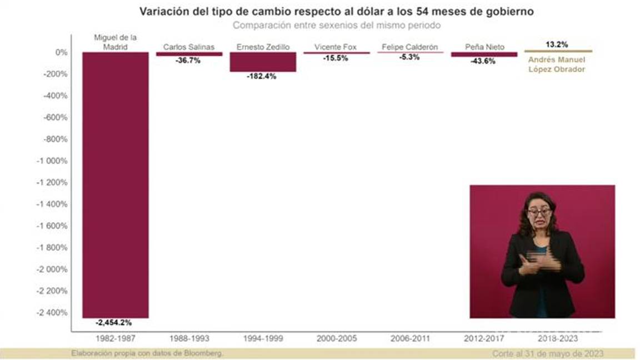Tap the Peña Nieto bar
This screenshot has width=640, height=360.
(483, 54)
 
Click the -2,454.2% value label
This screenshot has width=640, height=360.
(113, 322)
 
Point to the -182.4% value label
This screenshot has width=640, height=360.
(261, 77)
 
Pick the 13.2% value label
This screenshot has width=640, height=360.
(557, 44)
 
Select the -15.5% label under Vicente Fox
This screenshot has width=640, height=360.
(335, 58)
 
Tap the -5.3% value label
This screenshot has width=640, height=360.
(409, 57)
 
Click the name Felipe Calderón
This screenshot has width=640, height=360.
(410, 47)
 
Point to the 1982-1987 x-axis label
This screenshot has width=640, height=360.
(116, 338)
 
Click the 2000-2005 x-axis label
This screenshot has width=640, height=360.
(336, 338)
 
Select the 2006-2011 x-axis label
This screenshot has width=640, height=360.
(410, 338)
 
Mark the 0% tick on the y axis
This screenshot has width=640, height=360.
(61, 52)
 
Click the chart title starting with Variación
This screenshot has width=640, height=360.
(336, 12)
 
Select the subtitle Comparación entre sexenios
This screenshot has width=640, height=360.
(336, 26)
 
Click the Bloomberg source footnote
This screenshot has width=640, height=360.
(147, 353)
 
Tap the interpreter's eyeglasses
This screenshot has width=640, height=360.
(539, 212)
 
